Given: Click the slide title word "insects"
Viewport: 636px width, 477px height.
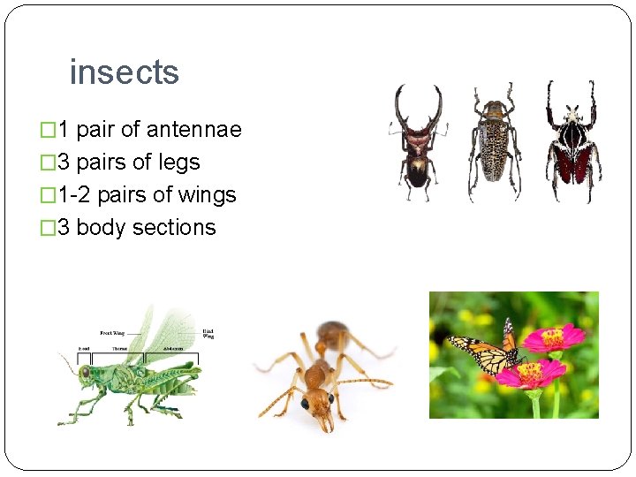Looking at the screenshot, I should pos(124,72).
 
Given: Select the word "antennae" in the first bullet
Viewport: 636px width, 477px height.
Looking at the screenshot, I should pos(193,130).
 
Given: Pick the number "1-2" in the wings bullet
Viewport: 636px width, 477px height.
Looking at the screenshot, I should pos(78,195).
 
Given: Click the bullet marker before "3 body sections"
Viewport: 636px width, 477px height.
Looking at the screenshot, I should pos(49,228).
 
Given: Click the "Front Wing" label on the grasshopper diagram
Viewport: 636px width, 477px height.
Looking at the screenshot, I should pos(112,333).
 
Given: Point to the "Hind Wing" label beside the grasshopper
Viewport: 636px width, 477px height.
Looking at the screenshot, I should pos(208,333).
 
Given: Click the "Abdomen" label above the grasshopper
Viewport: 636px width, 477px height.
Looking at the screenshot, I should pos(159,350).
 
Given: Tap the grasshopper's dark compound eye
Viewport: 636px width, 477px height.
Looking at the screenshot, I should pos(85,372).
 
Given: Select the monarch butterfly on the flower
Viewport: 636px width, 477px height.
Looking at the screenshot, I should pos(486,351).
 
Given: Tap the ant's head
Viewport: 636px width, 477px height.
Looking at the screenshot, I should pos(312,402).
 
